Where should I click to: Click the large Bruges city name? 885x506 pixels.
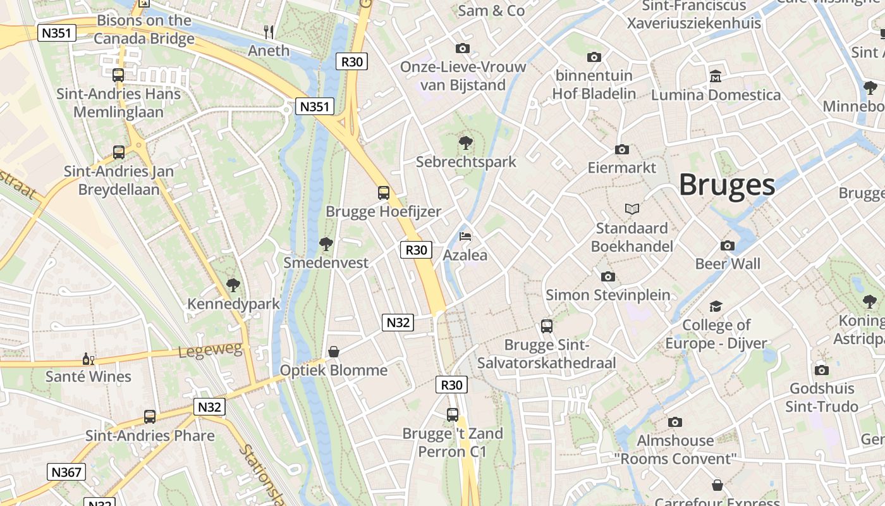point(726,185)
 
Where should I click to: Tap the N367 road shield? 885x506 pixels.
point(66,472)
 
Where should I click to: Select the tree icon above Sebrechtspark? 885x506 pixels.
point(466,142)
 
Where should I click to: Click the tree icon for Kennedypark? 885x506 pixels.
point(233,285)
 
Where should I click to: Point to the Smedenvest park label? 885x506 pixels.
point(326,262)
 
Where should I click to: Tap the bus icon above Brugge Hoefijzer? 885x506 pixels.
point(384,193)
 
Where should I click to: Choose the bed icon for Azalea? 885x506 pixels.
point(465,237)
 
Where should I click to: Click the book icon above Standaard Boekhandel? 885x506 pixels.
point(632,209)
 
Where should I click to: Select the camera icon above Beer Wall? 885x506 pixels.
point(728,245)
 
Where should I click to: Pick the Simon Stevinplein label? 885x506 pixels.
point(607,295)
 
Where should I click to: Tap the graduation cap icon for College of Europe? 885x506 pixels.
point(716,307)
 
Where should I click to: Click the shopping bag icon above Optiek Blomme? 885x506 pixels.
point(334,352)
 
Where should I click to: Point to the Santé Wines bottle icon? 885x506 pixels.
point(88,359)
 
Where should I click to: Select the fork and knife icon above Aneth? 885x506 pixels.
point(269,32)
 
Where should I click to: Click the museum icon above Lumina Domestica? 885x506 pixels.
point(716,76)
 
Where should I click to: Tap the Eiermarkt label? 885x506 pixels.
point(622,168)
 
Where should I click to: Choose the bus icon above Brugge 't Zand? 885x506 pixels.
point(453,415)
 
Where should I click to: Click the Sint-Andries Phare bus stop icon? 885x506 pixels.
point(150,417)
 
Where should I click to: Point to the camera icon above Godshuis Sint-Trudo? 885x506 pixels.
point(822,370)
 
